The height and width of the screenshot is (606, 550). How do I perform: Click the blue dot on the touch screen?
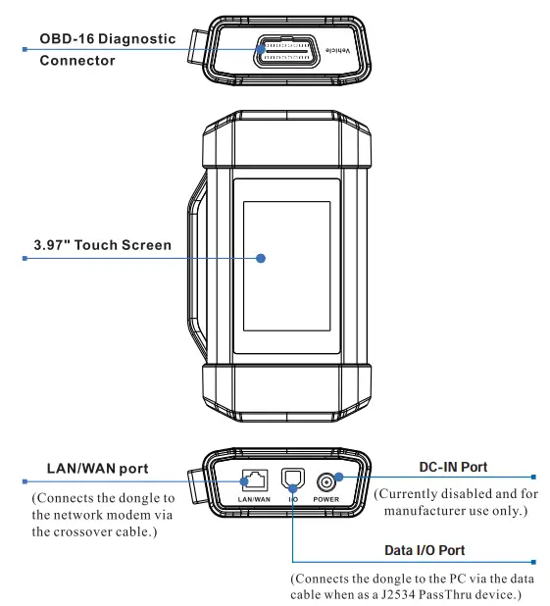[262, 259]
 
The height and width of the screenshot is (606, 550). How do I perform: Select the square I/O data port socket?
[292, 480]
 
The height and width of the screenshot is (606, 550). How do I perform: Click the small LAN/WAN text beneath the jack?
[253, 499]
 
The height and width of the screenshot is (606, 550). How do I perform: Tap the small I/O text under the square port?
[292, 499]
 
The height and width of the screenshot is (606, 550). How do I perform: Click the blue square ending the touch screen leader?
[24, 259]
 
